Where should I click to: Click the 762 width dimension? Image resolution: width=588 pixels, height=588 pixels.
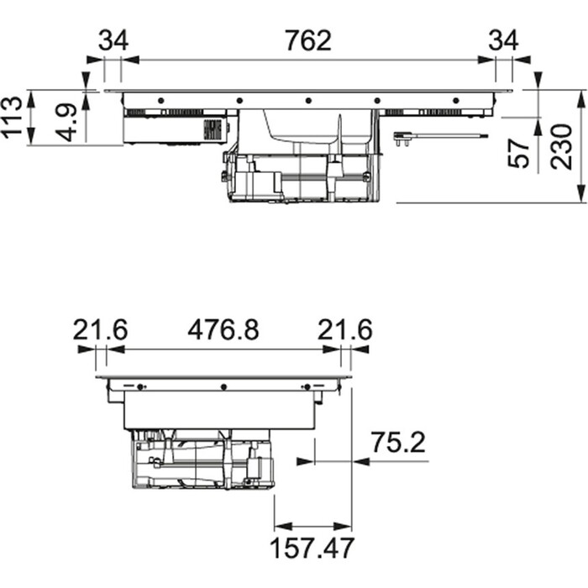(x=307, y=40)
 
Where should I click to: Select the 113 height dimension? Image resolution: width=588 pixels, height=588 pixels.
(x=12, y=118)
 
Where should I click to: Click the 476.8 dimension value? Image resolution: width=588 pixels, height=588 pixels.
(x=223, y=330)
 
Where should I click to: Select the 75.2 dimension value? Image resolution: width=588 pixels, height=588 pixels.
(x=399, y=442)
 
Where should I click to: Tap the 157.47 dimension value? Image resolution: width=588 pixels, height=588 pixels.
(x=312, y=548)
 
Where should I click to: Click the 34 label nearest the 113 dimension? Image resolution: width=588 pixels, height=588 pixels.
(x=113, y=40)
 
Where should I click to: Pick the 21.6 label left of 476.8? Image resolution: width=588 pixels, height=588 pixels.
(x=100, y=330)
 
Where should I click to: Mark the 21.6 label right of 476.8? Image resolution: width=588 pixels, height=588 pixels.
(x=344, y=330)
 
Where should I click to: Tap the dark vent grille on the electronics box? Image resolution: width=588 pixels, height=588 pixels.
(x=214, y=131)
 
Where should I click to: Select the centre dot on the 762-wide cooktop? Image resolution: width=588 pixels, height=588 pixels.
(x=308, y=100)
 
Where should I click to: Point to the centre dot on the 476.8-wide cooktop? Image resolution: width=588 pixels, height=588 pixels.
(x=223, y=386)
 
